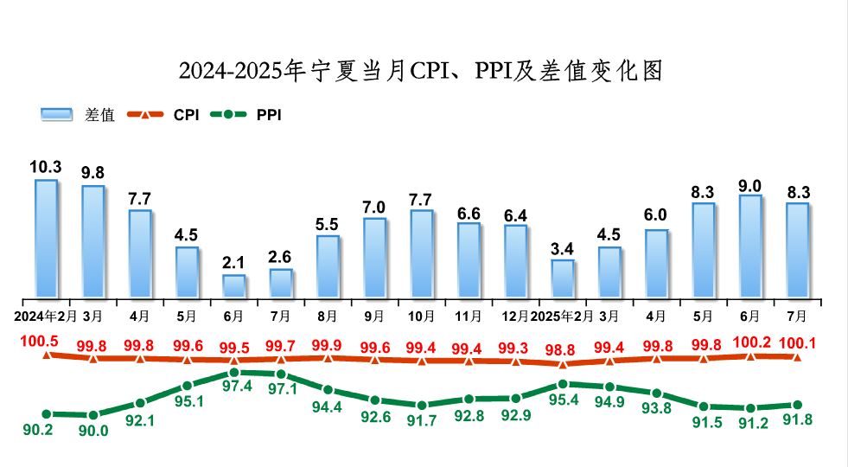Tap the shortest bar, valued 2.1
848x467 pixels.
(233, 286)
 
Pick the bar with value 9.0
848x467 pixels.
(750, 246)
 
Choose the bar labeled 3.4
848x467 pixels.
(563, 278)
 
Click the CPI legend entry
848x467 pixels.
(164, 114)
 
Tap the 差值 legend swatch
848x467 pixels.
(59, 114)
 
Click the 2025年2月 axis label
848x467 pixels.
(563, 316)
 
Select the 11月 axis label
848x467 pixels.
(469, 316)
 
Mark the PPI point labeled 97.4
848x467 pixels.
(234, 373)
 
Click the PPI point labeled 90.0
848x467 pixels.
(93, 415)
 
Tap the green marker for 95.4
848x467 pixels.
(563, 384)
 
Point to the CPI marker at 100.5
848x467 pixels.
(46, 354)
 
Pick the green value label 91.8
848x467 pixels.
(797, 420)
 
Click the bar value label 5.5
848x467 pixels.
(327, 223)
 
